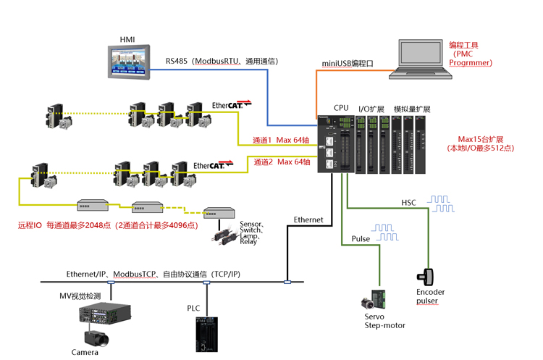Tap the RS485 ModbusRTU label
coord(222,62)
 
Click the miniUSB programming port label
coord(348,64)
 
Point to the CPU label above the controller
coord(341,108)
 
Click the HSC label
coord(408,202)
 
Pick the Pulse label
coord(361,238)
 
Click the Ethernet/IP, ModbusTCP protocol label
coord(153,274)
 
